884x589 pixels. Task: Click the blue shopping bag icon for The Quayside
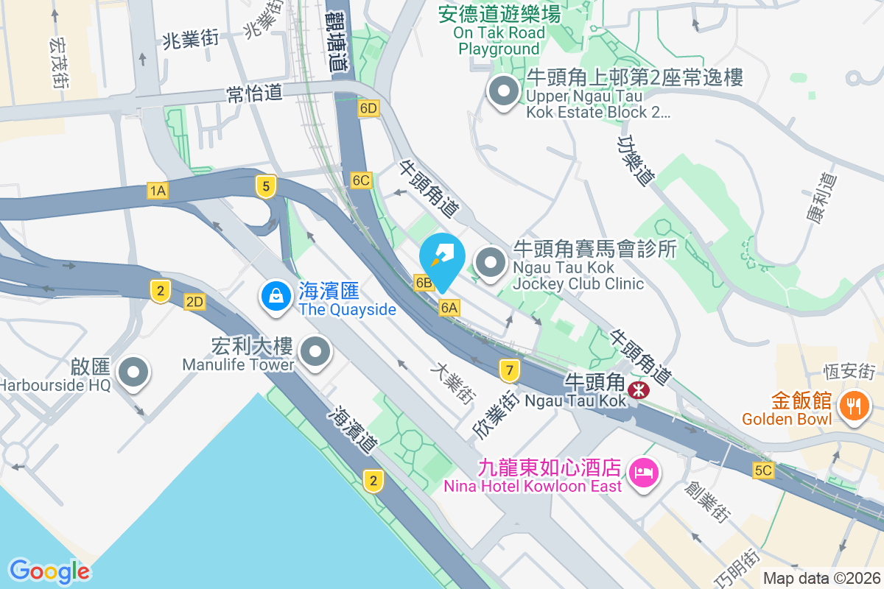(x=275, y=297)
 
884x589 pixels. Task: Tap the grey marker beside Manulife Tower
(x=316, y=351)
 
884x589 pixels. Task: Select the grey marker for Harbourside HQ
(x=133, y=372)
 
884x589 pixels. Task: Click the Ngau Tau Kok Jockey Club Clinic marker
(x=490, y=262)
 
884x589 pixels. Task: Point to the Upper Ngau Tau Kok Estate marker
(x=505, y=92)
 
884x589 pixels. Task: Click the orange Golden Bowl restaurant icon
(x=854, y=405)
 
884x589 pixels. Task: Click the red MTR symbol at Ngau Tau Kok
(x=640, y=391)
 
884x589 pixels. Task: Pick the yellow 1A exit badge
(x=158, y=191)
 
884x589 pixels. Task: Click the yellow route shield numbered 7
(x=509, y=370)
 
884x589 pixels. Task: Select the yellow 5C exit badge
(x=764, y=470)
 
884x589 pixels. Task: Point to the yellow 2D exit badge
(x=194, y=302)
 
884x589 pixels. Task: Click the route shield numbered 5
(x=266, y=186)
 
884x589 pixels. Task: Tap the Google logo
(x=49, y=571)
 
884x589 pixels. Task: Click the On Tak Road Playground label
(x=499, y=32)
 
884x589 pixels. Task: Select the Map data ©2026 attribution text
(x=821, y=579)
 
